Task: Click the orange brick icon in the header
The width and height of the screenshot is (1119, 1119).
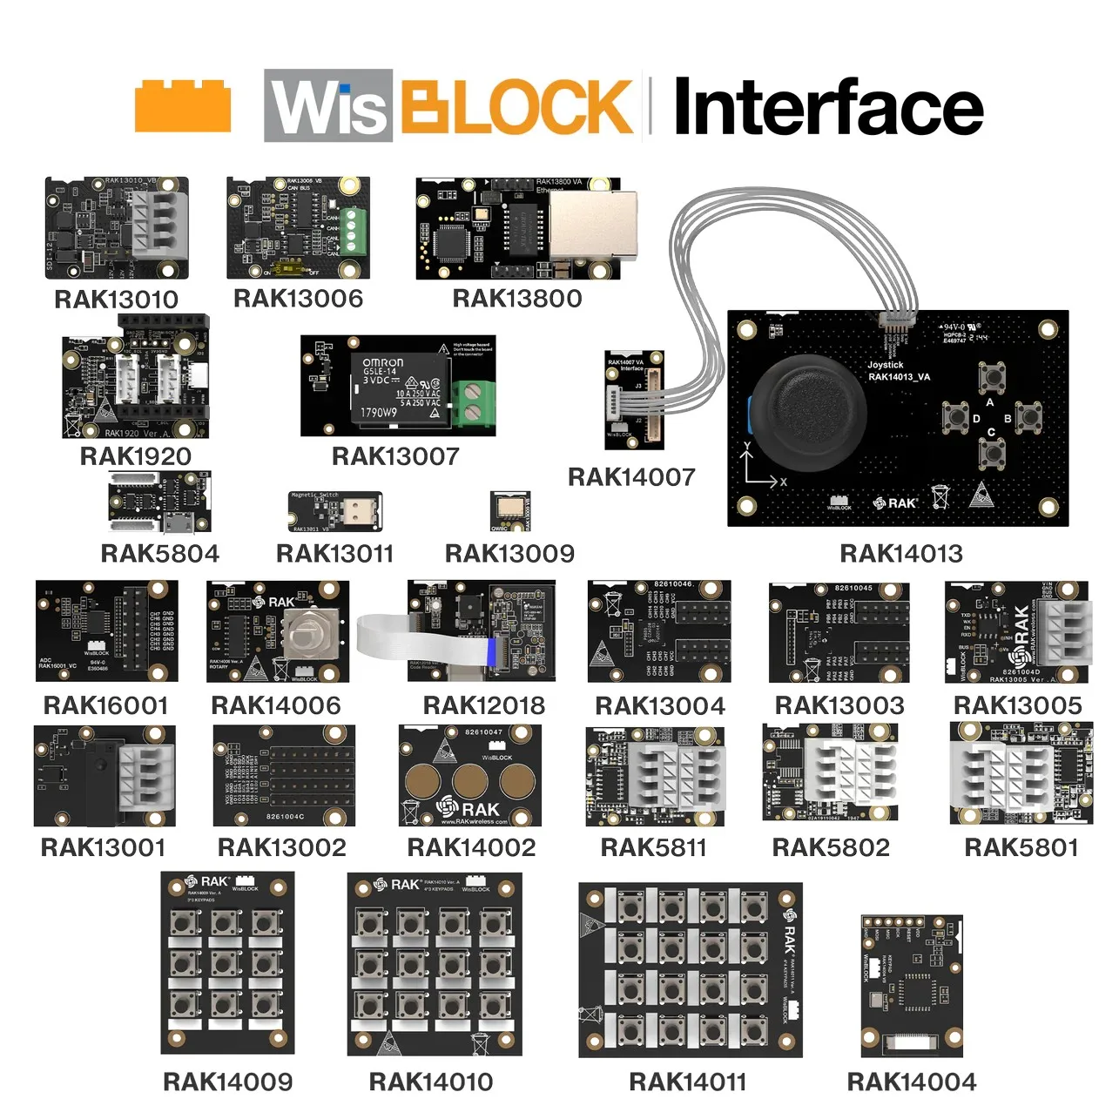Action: coord(183,107)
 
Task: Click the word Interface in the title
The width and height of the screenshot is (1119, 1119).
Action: coord(828,106)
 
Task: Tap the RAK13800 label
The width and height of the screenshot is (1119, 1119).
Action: coord(517,299)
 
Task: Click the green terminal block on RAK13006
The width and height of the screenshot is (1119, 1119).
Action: coord(353,230)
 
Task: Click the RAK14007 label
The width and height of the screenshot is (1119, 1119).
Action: coord(631,477)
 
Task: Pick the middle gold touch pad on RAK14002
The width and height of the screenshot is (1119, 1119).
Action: coord(470,782)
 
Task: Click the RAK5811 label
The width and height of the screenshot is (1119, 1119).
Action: coord(653,847)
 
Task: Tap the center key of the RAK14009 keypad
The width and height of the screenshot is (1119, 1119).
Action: coord(226,962)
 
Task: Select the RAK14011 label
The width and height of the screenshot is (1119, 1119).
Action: coord(688,1082)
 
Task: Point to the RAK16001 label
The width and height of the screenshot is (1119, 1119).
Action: coord(105,705)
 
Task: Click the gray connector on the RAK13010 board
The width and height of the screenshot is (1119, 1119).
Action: coord(159,225)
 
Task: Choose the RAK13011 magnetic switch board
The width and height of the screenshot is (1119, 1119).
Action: coord(335,512)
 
